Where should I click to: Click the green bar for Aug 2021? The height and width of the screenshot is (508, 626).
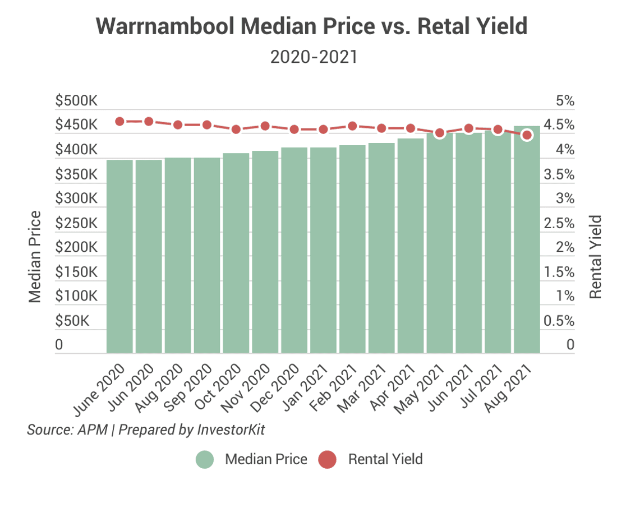(x=527, y=239)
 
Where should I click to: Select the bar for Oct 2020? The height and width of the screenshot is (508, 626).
(x=236, y=253)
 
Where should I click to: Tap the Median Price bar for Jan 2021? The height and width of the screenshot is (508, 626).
(x=324, y=250)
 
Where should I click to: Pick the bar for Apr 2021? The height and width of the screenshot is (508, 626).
(x=411, y=246)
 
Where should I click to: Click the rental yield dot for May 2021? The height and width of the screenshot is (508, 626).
(x=440, y=133)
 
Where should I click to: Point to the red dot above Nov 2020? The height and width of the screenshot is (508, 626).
(x=265, y=126)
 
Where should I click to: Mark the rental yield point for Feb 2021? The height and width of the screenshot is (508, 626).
(x=352, y=126)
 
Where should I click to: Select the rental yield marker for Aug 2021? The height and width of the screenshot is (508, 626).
(x=527, y=135)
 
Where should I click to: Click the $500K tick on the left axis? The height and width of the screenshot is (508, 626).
(x=76, y=100)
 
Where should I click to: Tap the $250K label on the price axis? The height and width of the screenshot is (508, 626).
(x=76, y=223)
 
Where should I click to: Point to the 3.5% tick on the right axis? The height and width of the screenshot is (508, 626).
(x=559, y=174)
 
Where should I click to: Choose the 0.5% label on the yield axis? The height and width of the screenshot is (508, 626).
(x=559, y=321)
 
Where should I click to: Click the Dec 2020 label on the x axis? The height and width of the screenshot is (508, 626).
(x=275, y=387)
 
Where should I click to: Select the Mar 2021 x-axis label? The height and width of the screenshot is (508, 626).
(x=362, y=388)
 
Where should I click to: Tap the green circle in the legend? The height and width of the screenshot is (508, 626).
(x=205, y=459)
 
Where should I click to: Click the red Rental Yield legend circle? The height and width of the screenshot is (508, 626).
(x=328, y=459)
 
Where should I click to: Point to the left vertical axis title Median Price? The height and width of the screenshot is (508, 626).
(x=35, y=257)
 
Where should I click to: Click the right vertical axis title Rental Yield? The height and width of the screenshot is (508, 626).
(x=595, y=257)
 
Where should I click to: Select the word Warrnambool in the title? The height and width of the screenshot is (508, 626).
(x=165, y=26)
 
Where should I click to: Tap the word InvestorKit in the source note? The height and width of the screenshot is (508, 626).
(x=231, y=430)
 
